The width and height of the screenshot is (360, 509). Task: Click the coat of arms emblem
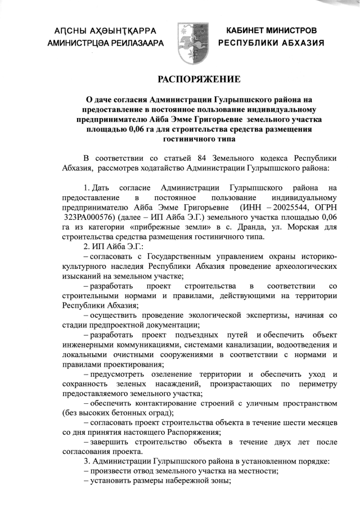click(190, 35)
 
